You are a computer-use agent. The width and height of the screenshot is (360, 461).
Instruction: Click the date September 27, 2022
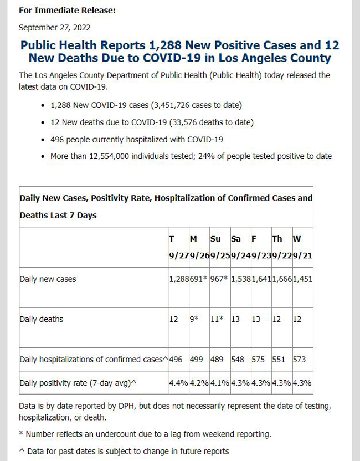click(55, 28)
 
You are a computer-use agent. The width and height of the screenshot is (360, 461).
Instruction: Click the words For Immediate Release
click(66, 11)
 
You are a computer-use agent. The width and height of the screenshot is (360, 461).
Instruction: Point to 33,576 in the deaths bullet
click(184, 122)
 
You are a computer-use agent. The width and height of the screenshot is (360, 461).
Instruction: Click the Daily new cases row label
click(48, 279)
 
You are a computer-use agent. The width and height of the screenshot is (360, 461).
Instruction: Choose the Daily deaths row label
click(41, 319)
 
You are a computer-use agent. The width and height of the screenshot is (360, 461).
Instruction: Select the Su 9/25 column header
click(220, 247)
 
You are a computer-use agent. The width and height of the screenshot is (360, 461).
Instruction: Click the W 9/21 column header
click(302, 247)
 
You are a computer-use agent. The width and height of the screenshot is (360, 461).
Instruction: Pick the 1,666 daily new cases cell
click(282, 279)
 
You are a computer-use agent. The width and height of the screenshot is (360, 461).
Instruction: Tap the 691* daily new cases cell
click(198, 279)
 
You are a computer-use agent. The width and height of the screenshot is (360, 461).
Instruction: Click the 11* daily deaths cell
click(217, 319)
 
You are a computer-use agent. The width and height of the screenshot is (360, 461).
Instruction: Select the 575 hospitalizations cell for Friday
click(258, 359)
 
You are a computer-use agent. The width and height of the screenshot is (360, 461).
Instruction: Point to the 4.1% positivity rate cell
click(220, 383)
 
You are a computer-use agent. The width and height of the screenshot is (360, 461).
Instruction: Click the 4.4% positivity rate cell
click(178, 383)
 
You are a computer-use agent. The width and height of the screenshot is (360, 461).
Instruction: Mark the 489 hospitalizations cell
click(217, 359)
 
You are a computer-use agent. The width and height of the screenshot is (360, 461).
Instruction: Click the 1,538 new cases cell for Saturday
click(241, 279)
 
